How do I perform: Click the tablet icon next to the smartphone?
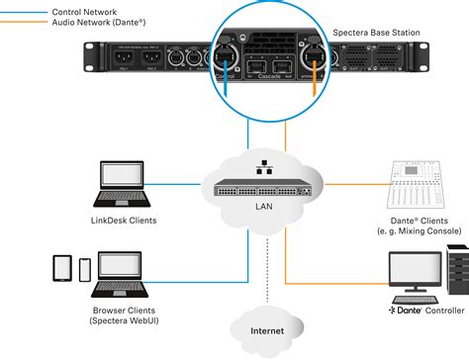tap(61, 268)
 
